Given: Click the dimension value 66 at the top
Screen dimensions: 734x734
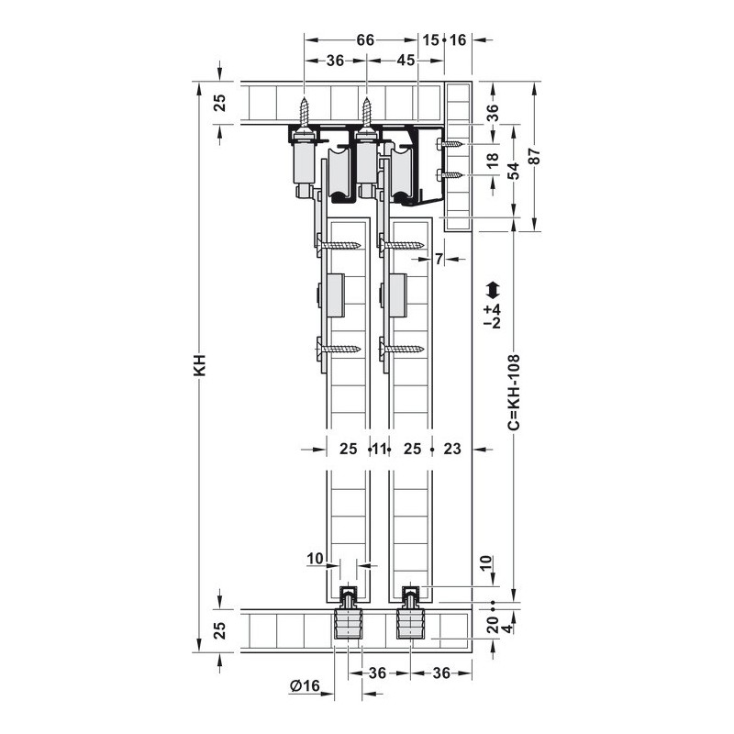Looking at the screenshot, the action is point(365,40).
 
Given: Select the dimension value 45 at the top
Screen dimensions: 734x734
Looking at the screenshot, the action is point(406,61).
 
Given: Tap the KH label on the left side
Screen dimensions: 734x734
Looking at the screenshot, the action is point(200,365).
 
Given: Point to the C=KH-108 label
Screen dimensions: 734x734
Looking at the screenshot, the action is point(514,392).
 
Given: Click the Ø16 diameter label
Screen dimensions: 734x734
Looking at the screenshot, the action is point(305,686).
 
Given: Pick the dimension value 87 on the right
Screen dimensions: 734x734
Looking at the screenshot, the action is point(534,156).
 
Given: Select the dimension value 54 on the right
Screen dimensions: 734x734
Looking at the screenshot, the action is point(514,171).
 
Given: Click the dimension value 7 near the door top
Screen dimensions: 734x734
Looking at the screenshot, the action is point(439,259).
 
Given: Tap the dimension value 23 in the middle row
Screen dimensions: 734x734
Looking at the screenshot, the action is point(452,449).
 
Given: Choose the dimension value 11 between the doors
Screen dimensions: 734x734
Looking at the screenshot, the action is point(379,450).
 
